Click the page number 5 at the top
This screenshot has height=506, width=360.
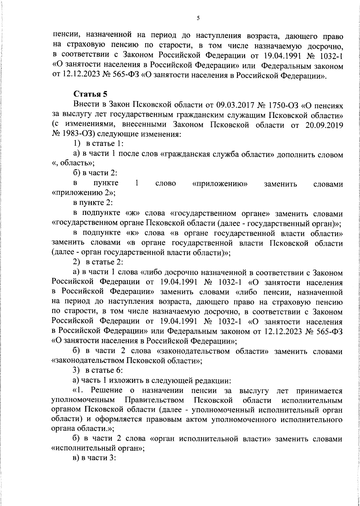[x=198, y=18]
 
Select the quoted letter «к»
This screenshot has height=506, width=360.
[x=132, y=233]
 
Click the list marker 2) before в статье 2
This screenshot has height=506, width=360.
[x=77, y=262]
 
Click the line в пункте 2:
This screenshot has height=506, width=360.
[x=93, y=203]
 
